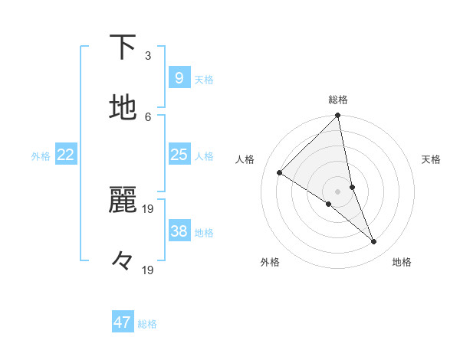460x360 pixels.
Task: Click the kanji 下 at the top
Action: click(x=123, y=47)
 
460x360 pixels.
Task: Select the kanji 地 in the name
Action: click(x=123, y=108)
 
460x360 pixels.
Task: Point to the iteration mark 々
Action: click(x=123, y=261)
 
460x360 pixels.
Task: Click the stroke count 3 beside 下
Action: click(x=148, y=56)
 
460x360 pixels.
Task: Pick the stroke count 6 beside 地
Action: click(x=148, y=116)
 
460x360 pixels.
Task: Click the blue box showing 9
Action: click(x=179, y=77)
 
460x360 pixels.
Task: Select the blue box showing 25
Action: click(x=179, y=155)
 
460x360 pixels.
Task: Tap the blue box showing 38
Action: click(x=179, y=231)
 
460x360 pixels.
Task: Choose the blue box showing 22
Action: click(x=66, y=155)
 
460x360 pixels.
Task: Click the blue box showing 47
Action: click(x=123, y=322)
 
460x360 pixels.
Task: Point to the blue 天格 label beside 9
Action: click(x=204, y=79)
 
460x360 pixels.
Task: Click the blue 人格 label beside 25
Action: click(x=204, y=156)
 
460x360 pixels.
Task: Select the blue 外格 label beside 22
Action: click(x=41, y=156)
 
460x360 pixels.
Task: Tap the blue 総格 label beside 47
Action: click(x=148, y=324)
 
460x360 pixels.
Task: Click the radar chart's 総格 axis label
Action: click(x=338, y=100)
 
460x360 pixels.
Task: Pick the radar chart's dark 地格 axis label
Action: click(x=402, y=263)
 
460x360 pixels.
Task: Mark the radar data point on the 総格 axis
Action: click(x=337, y=116)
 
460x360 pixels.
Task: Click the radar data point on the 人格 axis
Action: click(x=280, y=173)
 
